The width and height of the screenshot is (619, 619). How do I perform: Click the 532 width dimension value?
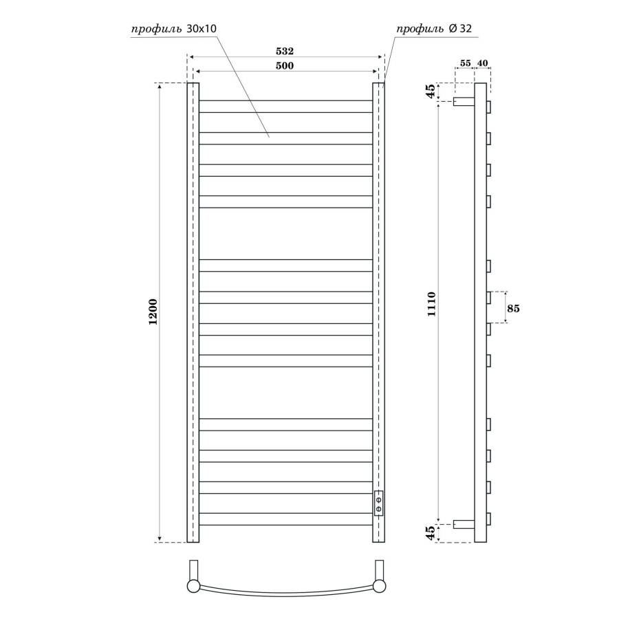pyautogui.click(x=285, y=52)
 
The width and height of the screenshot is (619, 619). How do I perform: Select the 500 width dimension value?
pyautogui.click(x=285, y=65)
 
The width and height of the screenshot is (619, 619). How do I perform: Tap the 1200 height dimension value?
pyautogui.click(x=153, y=313)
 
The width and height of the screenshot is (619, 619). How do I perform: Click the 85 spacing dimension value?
pyautogui.click(x=513, y=309)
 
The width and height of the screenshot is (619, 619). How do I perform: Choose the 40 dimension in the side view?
pyautogui.click(x=482, y=63)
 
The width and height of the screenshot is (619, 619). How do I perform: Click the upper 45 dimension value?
pyautogui.click(x=431, y=92)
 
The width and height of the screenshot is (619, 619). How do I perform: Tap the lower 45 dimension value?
pyautogui.click(x=431, y=533)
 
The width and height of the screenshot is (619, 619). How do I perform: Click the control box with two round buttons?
pyautogui.click(x=378, y=503)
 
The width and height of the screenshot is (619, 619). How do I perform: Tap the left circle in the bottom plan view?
pyautogui.click(x=194, y=586)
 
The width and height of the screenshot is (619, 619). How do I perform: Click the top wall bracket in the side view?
pyautogui.click(x=464, y=101)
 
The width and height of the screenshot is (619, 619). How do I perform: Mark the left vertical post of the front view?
pyautogui.click(x=193, y=313)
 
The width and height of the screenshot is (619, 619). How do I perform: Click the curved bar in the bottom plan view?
pyautogui.click(x=285, y=596)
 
